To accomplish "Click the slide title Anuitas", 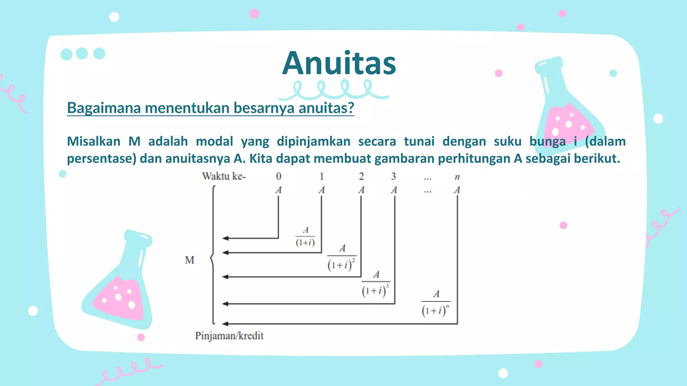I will coord(339,63).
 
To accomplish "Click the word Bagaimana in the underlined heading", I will coord(104,108).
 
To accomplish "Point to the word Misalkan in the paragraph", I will coord(94,141).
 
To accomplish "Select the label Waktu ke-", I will coord(224,176).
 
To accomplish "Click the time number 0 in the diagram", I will coord(278,176).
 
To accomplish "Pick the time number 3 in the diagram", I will coord(393,176).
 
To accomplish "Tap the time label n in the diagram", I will coord(457,177).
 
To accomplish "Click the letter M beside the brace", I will coord(190,260).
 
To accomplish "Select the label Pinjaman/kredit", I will coord(229,336).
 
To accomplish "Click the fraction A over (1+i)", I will coord(305,237).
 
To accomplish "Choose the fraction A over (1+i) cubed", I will coord(376,284).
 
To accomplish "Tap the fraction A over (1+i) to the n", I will coord(435,303).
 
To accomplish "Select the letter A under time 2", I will coord(361,190).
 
